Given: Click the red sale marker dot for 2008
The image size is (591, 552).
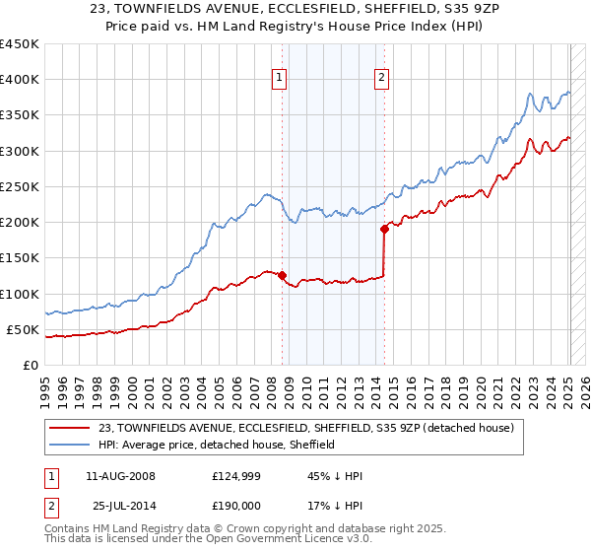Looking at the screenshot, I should pyautogui.click(x=282, y=275).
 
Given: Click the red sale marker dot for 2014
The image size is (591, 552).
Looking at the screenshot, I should pyautogui.click(x=383, y=229).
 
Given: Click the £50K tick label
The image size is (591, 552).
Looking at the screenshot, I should pyautogui.click(x=23, y=329).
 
